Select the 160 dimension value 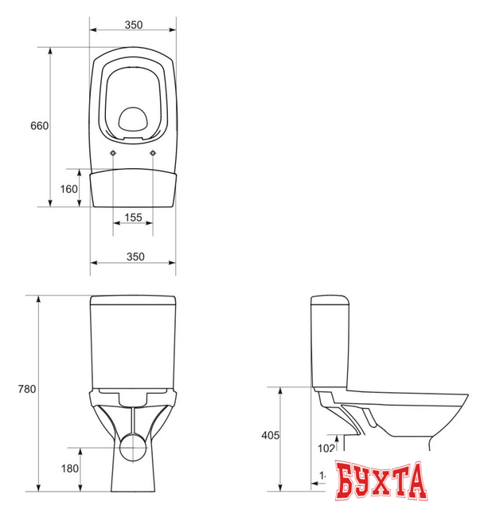pos(68,189)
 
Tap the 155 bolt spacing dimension pos(133,218)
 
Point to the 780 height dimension pos(26,390)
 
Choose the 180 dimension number pos(68,468)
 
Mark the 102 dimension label pos(326,449)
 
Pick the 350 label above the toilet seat pos(133,25)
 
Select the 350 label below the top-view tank pos(134,256)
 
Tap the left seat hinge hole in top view pos(113,153)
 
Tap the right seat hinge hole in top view pos(153,153)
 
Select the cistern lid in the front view pos(133,302)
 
